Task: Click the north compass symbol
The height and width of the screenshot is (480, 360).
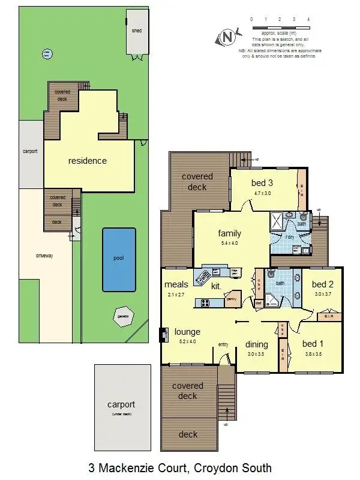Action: coord(227,37)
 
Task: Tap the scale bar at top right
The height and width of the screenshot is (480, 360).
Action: coord(280,28)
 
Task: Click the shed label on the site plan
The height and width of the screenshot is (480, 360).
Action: coord(137,30)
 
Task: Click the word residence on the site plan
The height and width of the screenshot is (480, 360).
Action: coord(87,161)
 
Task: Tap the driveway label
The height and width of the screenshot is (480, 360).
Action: coord(44,256)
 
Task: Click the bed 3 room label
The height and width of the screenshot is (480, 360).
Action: coord(263,183)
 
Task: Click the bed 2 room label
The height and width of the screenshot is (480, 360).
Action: coord(322,284)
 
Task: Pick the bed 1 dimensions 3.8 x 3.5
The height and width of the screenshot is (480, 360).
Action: coord(312,354)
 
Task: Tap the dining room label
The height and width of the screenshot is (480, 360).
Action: coord(257,344)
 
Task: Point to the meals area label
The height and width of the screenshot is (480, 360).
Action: coord(176,284)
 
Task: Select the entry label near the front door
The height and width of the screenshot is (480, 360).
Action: coord(223,344)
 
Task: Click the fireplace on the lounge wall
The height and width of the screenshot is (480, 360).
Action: coord(163,334)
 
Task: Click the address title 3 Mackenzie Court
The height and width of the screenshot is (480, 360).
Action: coord(180,467)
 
